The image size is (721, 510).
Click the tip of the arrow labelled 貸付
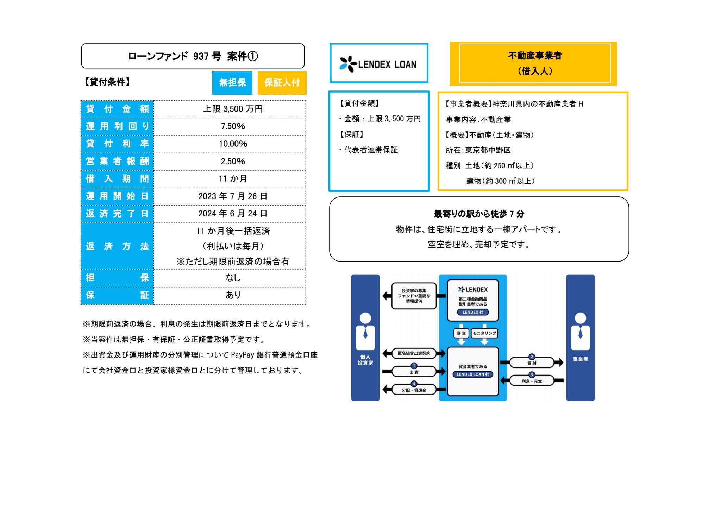563,362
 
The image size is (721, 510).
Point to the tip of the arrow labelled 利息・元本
501,380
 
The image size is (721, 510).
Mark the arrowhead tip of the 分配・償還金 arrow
383,390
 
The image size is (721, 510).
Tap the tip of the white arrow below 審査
461,345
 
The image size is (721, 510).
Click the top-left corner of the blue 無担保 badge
212,71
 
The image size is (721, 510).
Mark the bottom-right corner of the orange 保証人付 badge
306,94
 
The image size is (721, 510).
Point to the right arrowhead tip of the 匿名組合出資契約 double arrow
446,353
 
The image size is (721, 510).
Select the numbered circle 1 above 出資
414,366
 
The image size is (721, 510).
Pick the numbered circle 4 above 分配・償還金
414,384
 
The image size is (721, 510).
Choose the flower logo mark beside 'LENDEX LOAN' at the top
348,64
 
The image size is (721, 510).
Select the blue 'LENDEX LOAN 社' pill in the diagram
473,374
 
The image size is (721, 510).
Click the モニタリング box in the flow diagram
484,333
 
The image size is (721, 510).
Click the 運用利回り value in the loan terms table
233,126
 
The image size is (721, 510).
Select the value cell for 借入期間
233,179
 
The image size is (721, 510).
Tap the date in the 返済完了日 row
233,214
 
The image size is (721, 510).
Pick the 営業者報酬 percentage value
233,162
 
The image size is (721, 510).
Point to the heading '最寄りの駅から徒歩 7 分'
479,214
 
